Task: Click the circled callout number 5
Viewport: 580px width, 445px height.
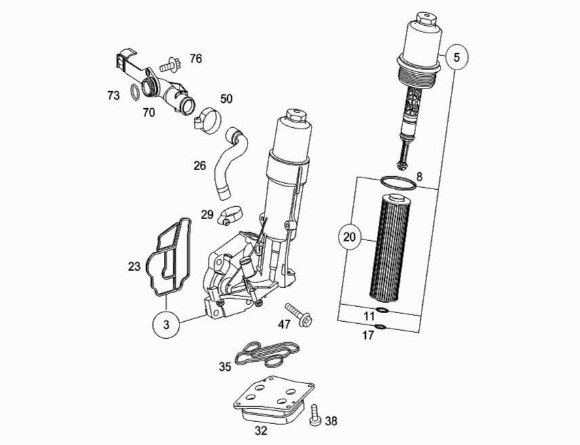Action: [456, 57]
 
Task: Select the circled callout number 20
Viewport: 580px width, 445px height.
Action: [350, 237]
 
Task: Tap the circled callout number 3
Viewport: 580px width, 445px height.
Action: [167, 325]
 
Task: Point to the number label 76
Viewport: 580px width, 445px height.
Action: [195, 59]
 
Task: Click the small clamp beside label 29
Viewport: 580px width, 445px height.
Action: [230, 216]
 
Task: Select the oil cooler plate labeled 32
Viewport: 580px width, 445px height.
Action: [272, 401]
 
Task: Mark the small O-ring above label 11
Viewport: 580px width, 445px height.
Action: [382, 311]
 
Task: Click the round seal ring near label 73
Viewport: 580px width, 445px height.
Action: [135, 91]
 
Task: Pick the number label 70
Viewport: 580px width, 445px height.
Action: [148, 113]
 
